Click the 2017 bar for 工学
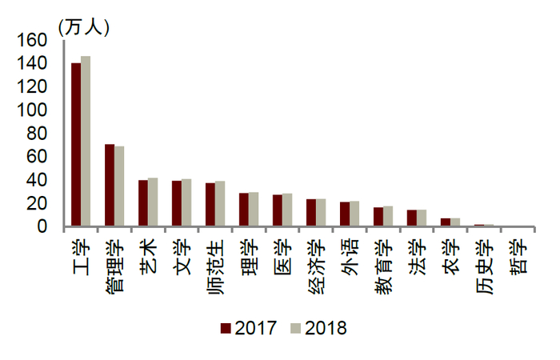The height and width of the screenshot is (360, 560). pos(76,145)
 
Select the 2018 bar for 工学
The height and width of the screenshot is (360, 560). pos(86,142)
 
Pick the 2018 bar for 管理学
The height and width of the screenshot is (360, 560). pos(119,186)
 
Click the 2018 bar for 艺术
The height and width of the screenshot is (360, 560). pos(153,202)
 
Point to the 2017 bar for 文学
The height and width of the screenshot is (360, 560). pos(177,204)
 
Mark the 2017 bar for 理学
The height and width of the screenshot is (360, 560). pos(244,210)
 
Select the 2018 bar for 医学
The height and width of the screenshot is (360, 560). pos(287,210)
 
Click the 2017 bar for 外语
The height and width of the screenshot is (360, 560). pos(345,214)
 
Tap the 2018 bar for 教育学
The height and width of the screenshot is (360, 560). pos(388,217)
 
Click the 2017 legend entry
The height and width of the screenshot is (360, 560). pos(249,328)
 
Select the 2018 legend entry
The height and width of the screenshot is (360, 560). pos(318,328)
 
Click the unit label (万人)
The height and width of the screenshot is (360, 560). pos(83,26)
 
